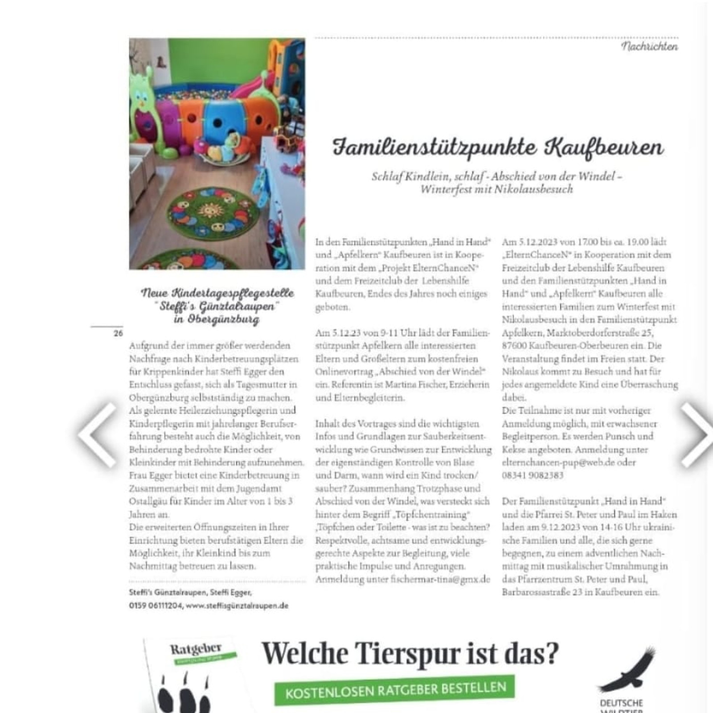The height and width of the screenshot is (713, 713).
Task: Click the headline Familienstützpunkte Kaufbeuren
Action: [x=498, y=148]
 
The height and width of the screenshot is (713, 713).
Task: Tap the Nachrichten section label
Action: [x=649, y=46]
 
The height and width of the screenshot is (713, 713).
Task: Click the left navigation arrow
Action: [x=97, y=434]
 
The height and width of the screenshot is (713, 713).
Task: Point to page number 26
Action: [x=118, y=333]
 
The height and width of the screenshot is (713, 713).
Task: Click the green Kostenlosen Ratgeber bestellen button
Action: [x=395, y=690]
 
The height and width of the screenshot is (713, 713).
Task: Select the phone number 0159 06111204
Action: [x=156, y=606]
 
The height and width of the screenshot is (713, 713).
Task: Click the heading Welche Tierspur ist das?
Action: [x=410, y=654]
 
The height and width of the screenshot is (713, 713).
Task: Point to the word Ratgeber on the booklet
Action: [x=196, y=649]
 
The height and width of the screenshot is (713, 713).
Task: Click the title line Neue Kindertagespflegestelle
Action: [x=217, y=293]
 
